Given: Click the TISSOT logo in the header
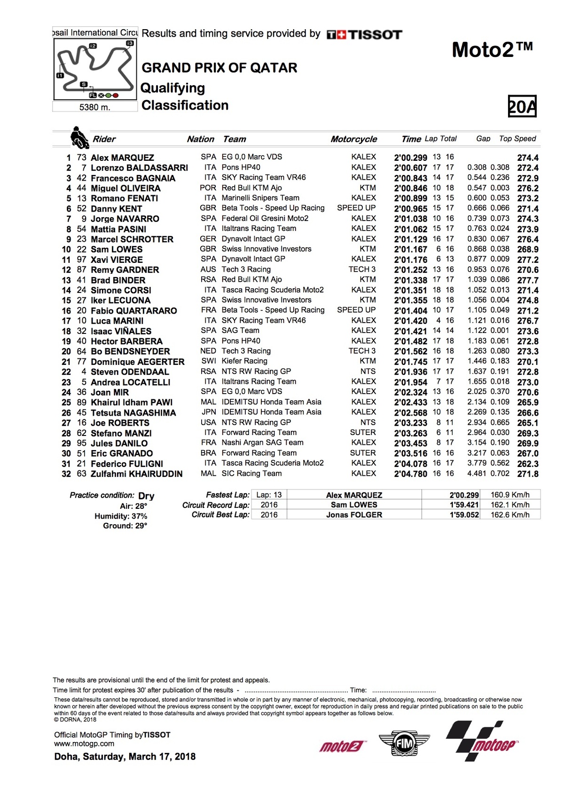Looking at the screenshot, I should pyautogui.click(x=364, y=34).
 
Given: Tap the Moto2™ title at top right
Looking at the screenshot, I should pyautogui.click(x=492, y=50).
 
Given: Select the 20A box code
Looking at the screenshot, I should pyautogui.click(x=522, y=107).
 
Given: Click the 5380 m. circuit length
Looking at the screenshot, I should pyautogui.click(x=95, y=107).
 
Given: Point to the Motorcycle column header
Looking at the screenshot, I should pyautogui.click(x=353, y=139).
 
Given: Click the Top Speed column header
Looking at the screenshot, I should pyautogui.click(x=517, y=139).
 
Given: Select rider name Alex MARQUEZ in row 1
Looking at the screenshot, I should pyautogui.click(x=122, y=158).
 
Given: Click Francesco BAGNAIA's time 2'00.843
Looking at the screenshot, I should pyautogui.click(x=410, y=178).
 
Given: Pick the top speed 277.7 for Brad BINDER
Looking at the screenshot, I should pyautogui.click(x=527, y=280).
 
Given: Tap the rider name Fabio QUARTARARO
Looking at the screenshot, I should pyautogui.click(x=133, y=311).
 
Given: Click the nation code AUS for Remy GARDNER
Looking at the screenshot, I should pyautogui.click(x=208, y=269).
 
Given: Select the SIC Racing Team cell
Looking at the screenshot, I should pyautogui.click(x=251, y=474).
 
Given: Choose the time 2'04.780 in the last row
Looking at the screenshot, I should pyautogui.click(x=410, y=474).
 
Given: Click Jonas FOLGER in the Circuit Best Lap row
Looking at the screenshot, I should pyautogui.click(x=354, y=515).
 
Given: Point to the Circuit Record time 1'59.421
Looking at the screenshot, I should pyautogui.click(x=464, y=505).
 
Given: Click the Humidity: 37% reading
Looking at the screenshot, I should pyautogui.click(x=121, y=516).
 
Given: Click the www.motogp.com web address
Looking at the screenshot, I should pyautogui.click(x=84, y=744).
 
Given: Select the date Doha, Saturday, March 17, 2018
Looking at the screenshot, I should pyautogui.click(x=125, y=757).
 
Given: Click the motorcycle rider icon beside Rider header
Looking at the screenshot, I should pyautogui.click(x=79, y=138).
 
